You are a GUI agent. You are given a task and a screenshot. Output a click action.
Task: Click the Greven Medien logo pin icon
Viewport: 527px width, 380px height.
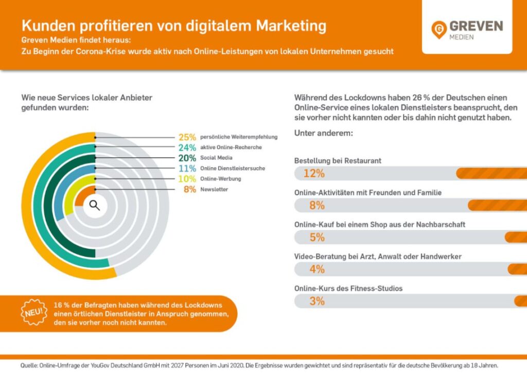439,29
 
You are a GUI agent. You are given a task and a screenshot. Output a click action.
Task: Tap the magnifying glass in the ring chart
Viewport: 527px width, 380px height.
94,205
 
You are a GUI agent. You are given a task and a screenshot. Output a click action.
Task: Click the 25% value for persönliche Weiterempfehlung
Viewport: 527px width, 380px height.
187,137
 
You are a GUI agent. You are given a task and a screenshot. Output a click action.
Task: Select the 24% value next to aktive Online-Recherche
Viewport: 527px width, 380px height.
187,148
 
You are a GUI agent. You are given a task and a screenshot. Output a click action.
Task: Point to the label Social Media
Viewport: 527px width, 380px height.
216,158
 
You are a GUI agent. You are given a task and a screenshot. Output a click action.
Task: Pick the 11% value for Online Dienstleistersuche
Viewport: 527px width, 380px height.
187,169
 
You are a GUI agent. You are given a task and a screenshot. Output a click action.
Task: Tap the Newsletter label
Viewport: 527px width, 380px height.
214,190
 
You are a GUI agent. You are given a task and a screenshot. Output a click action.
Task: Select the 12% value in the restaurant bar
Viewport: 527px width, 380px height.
313,173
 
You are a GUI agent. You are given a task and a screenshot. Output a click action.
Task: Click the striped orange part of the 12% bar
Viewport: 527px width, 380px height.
491,173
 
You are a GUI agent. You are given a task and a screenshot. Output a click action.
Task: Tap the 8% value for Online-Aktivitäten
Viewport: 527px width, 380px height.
317,206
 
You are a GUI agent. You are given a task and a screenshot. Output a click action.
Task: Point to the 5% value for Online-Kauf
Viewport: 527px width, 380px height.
317,238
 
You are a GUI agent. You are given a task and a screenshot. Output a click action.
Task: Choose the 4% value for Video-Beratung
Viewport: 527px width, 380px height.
317,269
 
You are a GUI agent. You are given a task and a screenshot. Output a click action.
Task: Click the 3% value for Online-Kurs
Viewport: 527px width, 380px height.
317,301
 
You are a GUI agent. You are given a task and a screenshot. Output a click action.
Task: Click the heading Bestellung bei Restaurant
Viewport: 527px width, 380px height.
338,161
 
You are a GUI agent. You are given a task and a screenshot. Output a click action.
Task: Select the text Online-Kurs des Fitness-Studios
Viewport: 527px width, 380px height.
348,288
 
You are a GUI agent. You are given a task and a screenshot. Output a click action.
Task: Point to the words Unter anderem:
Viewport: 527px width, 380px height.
323,133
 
